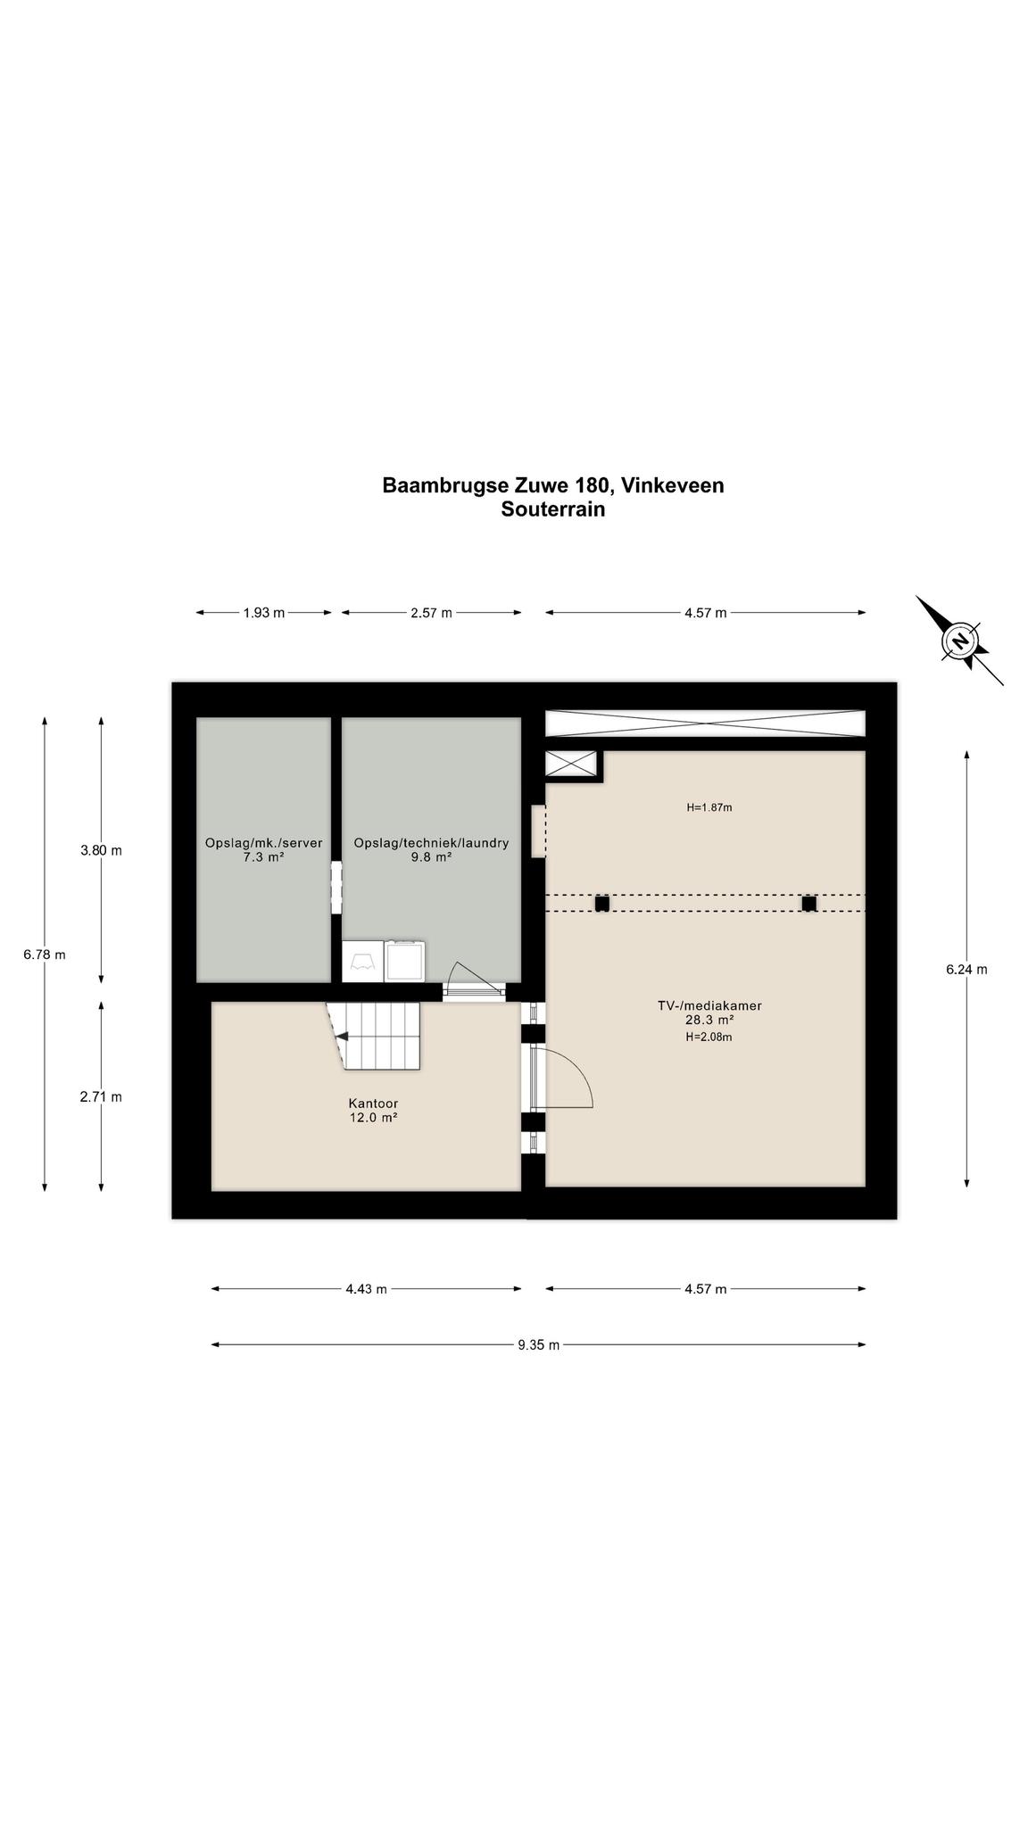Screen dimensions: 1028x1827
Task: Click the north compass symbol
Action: tap(960, 641)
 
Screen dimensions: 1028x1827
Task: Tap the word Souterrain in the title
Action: tap(553, 509)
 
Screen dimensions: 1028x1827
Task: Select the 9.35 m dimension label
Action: tap(538, 1345)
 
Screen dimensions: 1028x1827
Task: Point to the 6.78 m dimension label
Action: tap(45, 955)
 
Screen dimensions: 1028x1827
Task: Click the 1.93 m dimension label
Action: tap(264, 613)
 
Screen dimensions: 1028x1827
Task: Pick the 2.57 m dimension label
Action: tap(431, 613)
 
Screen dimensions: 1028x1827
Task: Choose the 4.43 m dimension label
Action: tap(366, 1289)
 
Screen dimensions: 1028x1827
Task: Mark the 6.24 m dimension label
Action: tap(966, 970)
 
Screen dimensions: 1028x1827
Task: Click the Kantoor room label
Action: tap(373, 1104)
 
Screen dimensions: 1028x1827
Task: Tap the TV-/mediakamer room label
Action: tap(709, 1005)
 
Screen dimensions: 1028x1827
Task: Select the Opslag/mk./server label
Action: tap(263, 843)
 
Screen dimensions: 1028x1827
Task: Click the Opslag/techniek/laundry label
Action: tap(431, 843)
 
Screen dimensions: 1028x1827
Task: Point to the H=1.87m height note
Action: tap(709, 807)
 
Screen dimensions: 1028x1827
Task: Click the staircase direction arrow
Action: tap(343, 1036)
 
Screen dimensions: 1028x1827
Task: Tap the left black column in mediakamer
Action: tap(602, 904)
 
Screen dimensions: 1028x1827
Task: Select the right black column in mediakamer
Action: tap(808, 904)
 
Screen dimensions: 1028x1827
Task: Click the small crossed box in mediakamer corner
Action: tap(570, 764)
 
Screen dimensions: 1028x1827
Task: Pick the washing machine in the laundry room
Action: tap(404, 962)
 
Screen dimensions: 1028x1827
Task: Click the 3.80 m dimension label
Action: tap(101, 850)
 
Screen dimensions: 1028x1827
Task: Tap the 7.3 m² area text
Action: tap(263, 857)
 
